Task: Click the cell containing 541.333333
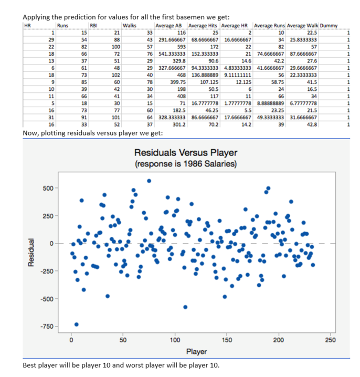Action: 169,54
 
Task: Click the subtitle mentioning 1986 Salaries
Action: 186,164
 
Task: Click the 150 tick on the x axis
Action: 227,340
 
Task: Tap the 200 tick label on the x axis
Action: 279,340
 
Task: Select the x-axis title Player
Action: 197,351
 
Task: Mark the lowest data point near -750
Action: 76,324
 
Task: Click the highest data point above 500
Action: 149,181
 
